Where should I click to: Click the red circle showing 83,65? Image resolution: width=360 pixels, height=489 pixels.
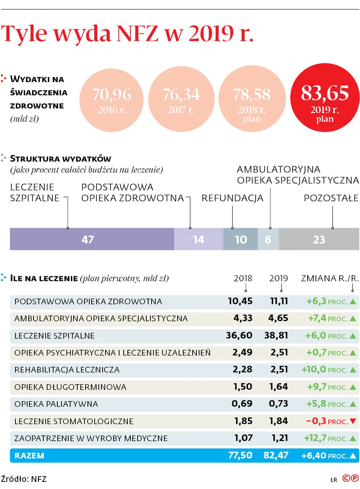[325, 98]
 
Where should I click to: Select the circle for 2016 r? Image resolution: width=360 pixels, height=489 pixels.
[112, 100]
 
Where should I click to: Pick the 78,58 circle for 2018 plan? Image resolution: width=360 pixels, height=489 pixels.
[252, 99]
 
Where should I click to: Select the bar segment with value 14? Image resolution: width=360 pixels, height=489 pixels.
[198, 239]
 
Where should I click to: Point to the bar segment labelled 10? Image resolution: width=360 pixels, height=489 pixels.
[241, 239]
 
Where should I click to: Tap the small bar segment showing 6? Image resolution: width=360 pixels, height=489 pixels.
[268, 239]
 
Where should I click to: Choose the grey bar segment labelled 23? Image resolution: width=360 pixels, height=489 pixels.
[319, 239]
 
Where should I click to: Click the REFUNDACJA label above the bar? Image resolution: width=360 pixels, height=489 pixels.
[232, 198]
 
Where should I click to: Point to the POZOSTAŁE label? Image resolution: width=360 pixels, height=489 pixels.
[331, 198]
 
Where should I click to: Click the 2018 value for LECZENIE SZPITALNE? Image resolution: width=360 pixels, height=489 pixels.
[239, 336]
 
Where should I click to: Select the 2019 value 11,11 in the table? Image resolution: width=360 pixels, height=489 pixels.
[279, 301]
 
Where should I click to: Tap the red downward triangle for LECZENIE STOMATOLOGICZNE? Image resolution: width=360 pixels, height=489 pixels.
[353, 421]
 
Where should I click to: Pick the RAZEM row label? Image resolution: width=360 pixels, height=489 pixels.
[29, 455]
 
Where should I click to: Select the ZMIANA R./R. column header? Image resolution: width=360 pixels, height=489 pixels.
[330, 278]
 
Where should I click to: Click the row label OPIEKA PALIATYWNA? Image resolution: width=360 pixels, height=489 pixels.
[56, 404]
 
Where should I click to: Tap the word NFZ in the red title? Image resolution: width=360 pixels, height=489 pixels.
[138, 34]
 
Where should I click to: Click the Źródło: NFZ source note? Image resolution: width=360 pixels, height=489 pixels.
[24, 479]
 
